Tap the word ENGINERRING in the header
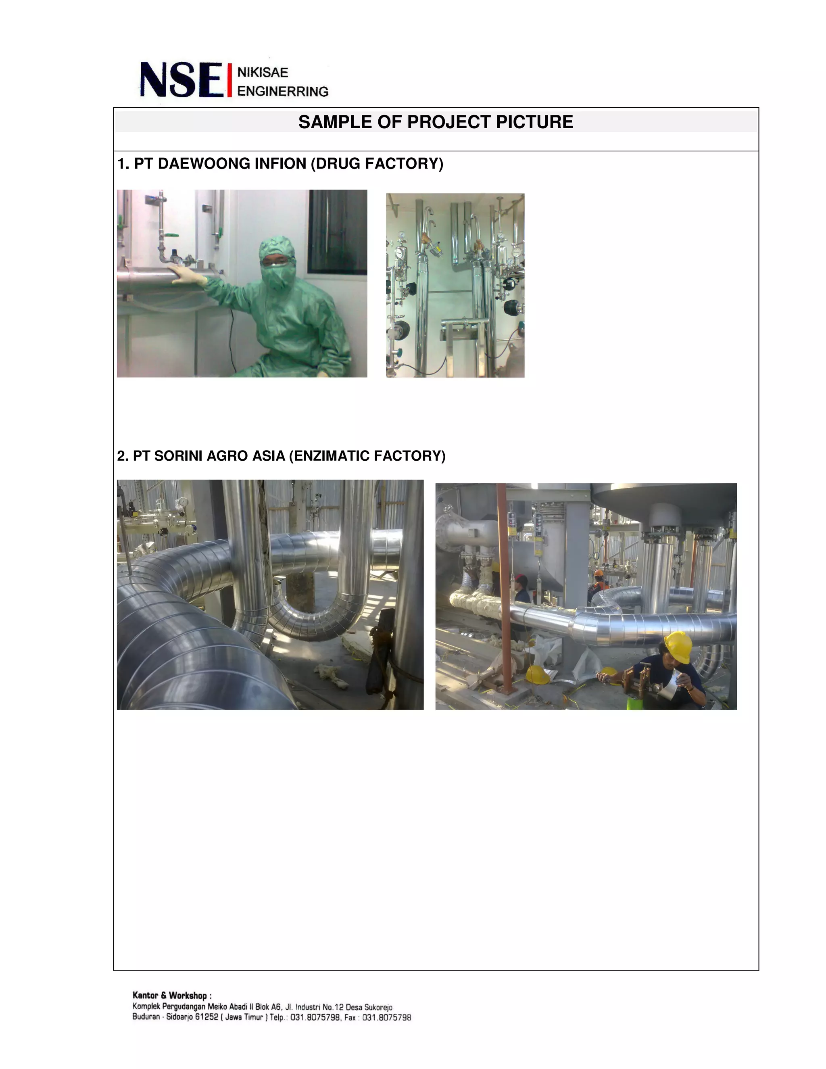pos(282,91)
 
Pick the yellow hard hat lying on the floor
pos(537,675)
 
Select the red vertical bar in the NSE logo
pos(229,80)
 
